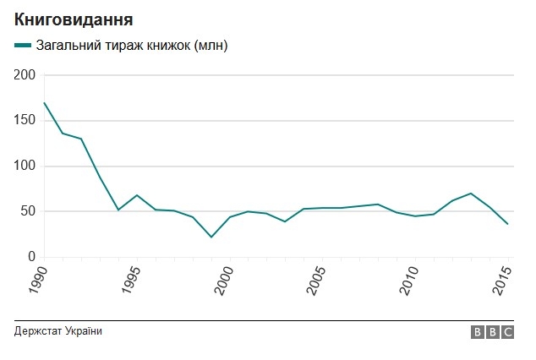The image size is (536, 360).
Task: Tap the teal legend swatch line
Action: point(23,45)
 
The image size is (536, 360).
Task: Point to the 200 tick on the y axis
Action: point(25,75)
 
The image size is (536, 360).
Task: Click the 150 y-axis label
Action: point(25,121)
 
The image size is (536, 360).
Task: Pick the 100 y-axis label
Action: point(25,166)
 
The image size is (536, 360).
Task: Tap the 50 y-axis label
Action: point(29,211)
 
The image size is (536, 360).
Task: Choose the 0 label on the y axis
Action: point(31,257)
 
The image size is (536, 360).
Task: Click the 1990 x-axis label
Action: point(38,280)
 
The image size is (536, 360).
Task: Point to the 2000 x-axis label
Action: point(224,280)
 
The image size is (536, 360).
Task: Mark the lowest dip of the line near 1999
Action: point(211,237)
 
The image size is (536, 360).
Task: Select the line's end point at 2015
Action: point(508,224)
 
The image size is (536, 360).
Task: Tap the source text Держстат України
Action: point(58,331)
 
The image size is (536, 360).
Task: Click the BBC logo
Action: point(492,332)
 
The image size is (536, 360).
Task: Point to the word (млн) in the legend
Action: point(211,46)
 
